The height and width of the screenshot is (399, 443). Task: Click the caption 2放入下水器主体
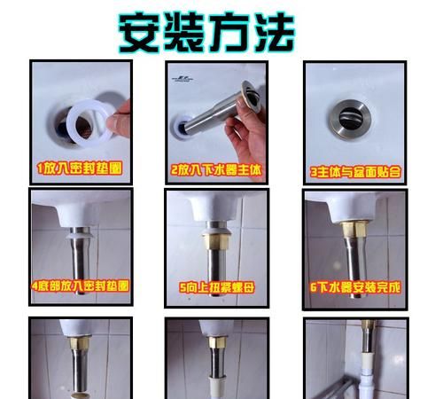coord(216,167)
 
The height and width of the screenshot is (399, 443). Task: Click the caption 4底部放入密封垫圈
coord(80,286)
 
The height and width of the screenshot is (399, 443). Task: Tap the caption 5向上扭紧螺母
coord(216,286)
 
